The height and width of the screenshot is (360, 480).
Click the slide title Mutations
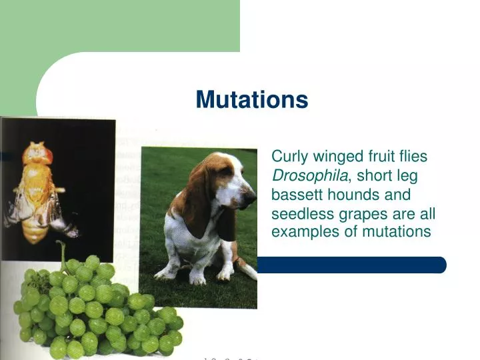(251, 100)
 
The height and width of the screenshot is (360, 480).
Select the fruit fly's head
(37, 155)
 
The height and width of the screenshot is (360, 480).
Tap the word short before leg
(383, 176)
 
